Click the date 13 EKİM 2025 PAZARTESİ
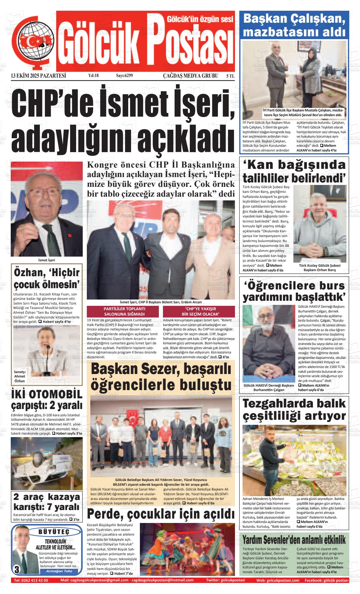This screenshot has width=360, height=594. (x=38, y=76)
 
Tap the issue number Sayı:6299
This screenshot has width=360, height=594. (x=124, y=76)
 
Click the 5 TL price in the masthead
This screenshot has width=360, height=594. (x=230, y=76)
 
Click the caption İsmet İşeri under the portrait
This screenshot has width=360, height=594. (x=46, y=260)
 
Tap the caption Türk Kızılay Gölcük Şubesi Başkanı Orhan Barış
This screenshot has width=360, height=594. (x=320, y=268)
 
